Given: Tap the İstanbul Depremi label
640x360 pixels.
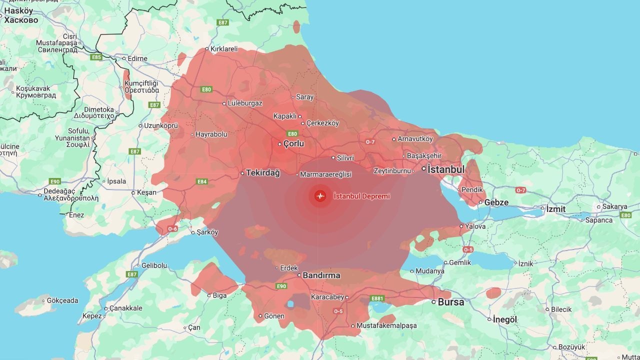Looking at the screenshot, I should (361, 196).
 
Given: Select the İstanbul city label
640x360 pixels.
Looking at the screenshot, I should (446, 169).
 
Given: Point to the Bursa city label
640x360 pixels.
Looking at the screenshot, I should (451, 302).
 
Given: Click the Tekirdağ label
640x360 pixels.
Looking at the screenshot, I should (263, 173).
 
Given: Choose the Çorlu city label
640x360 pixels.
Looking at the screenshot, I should (294, 144).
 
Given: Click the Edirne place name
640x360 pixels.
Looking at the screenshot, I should (137, 58).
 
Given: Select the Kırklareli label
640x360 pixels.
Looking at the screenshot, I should (224, 49).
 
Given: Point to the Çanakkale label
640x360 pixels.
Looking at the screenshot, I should (126, 308).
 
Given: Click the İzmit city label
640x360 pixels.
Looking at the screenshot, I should (555, 208).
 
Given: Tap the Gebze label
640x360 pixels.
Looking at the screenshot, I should (496, 202).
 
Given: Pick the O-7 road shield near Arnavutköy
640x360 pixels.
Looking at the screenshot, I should (370, 142).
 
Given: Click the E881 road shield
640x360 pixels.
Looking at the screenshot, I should (377, 298).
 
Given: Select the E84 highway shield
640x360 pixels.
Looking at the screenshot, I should (202, 181).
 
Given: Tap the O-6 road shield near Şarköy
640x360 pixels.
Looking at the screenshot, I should (172, 228).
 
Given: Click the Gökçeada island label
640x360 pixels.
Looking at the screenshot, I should (62, 300).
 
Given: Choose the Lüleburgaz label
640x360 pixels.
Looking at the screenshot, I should (245, 103).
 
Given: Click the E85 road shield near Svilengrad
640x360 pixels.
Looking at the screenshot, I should (96, 57).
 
